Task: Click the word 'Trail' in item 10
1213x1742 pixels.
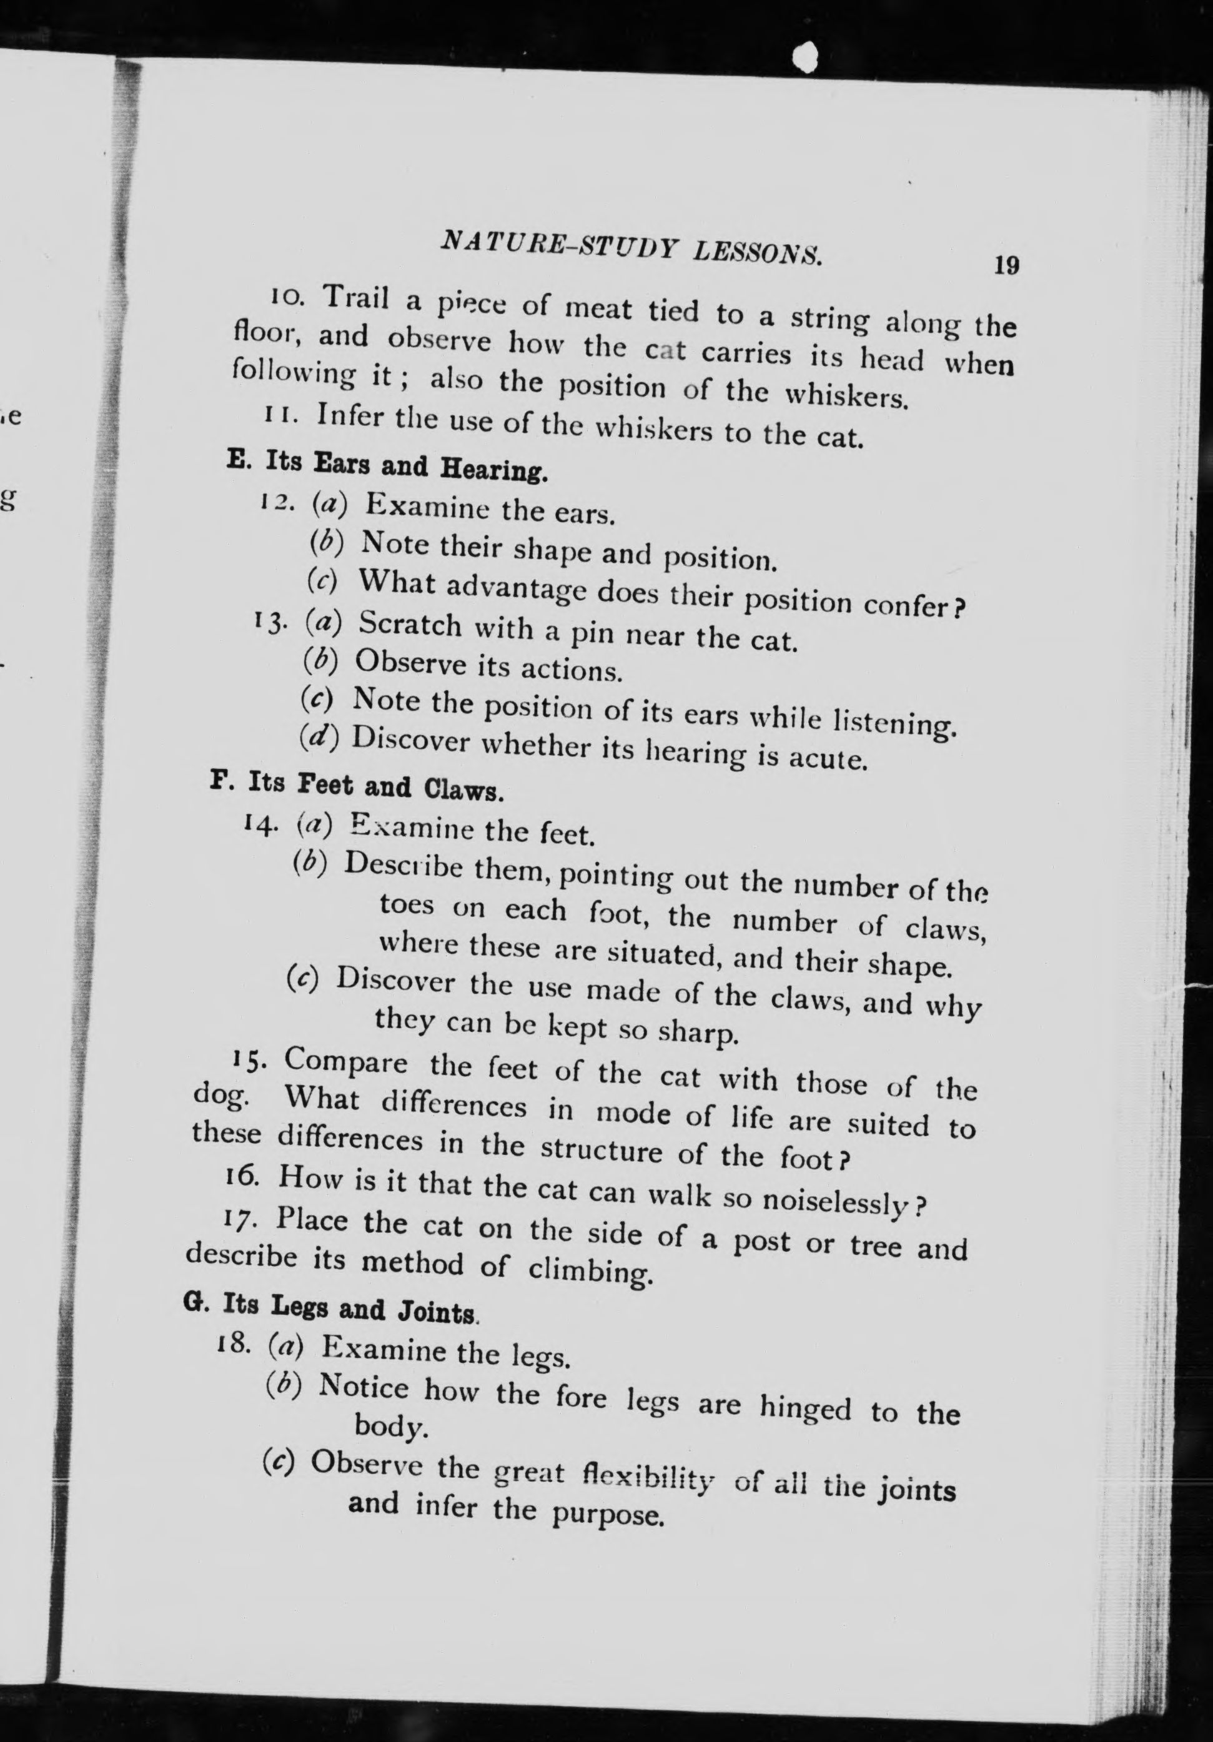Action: click(x=357, y=297)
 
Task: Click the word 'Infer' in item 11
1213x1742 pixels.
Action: click(x=351, y=417)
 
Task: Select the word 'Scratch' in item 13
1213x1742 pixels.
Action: click(x=410, y=625)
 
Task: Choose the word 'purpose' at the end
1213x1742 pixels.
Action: click(x=607, y=1515)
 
